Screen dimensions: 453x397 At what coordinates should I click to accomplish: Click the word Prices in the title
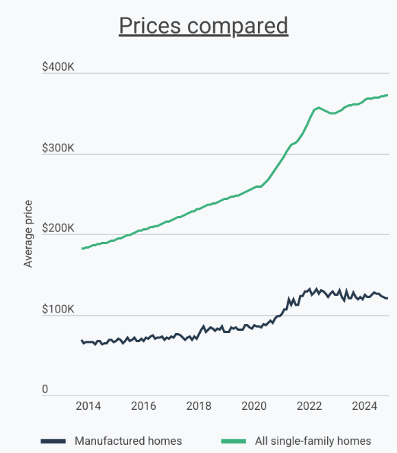tap(148, 25)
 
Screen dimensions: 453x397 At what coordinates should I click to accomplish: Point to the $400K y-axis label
tap(58, 67)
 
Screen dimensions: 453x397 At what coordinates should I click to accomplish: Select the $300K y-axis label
tap(58, 148)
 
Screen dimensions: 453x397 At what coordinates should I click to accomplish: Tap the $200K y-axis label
tap(58, 229)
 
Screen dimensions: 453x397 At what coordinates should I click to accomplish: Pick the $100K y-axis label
tap(58, 310)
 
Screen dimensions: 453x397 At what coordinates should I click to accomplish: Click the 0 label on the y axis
tap(45, 390)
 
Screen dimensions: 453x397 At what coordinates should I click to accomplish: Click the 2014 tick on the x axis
tap(88, 406)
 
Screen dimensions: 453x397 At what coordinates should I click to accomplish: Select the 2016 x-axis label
tap(143, 406)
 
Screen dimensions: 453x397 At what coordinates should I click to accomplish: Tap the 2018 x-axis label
tap(199, 406)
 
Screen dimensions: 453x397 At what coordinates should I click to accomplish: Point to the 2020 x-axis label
tap(254, 406)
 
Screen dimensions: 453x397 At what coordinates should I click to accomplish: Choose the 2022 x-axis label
tap(309, 406)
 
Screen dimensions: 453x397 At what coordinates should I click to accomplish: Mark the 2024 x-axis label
tap(365, 406)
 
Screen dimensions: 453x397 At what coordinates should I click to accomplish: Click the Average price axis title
tap(28, 233)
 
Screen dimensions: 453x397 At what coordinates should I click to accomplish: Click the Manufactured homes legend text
tap(128, 441)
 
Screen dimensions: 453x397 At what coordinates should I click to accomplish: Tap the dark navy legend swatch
tap(53, 441)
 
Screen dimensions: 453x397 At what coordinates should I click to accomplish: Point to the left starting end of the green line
tap(82, 248)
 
